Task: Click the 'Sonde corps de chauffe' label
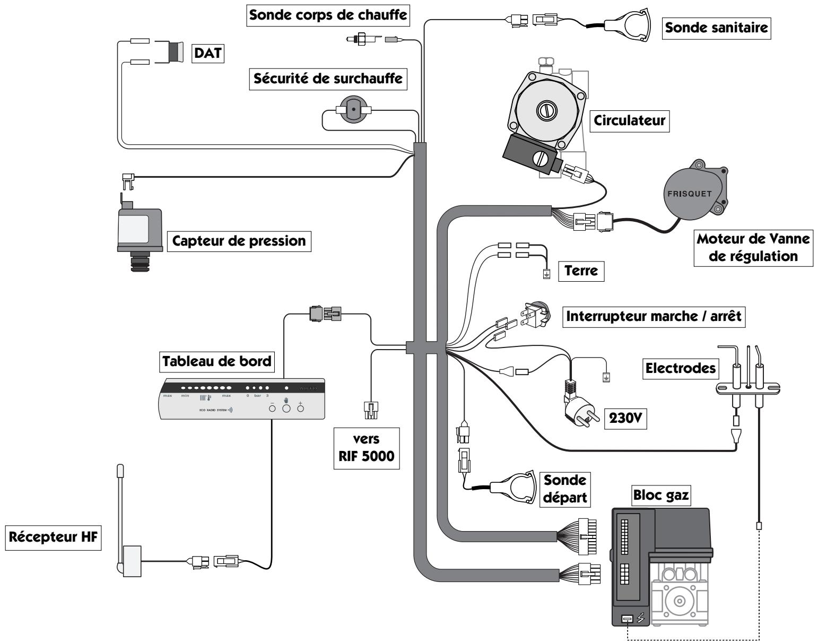pyautogui.click(x=329, y=15)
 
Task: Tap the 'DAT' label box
pyautogui.click(x=207, y=53)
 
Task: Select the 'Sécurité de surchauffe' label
pyautogui.click(x=328, y=80)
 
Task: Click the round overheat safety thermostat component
pyautogui.click(x=353, y=110)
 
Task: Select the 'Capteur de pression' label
pyautogui.click(x=240, y=241)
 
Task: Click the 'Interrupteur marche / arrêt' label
pyautogui.click(x=654, y=317)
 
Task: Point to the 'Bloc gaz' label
pyautogui.click(x=658, y=494)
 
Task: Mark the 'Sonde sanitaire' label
pyautogui.click(x=717, y=28)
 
